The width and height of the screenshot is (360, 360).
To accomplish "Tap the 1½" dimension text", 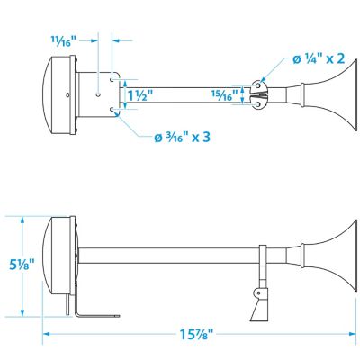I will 139,93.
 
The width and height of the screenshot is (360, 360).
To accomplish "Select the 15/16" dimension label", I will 226,93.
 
